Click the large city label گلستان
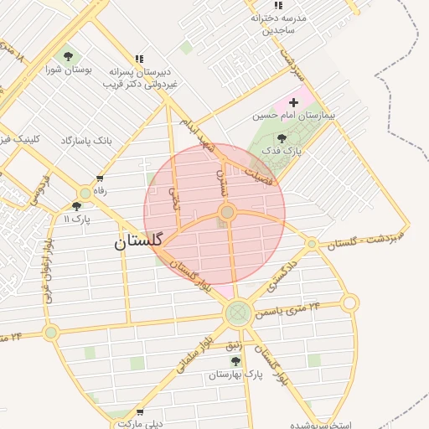click(x=142, y=243)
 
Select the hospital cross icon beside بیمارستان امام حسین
click(x=292, y=101)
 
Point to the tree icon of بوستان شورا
click(x=69, y=57)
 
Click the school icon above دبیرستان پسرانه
click(x=139, y=59)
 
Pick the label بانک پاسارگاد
click(x=86, y=139)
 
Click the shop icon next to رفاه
click(x=101, y=178)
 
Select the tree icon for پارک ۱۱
click(x=77, y=205)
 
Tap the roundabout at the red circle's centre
click(x=227, y=212)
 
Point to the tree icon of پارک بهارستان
click(x=235, y=361)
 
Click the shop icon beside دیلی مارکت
click(x=139, y=412)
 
